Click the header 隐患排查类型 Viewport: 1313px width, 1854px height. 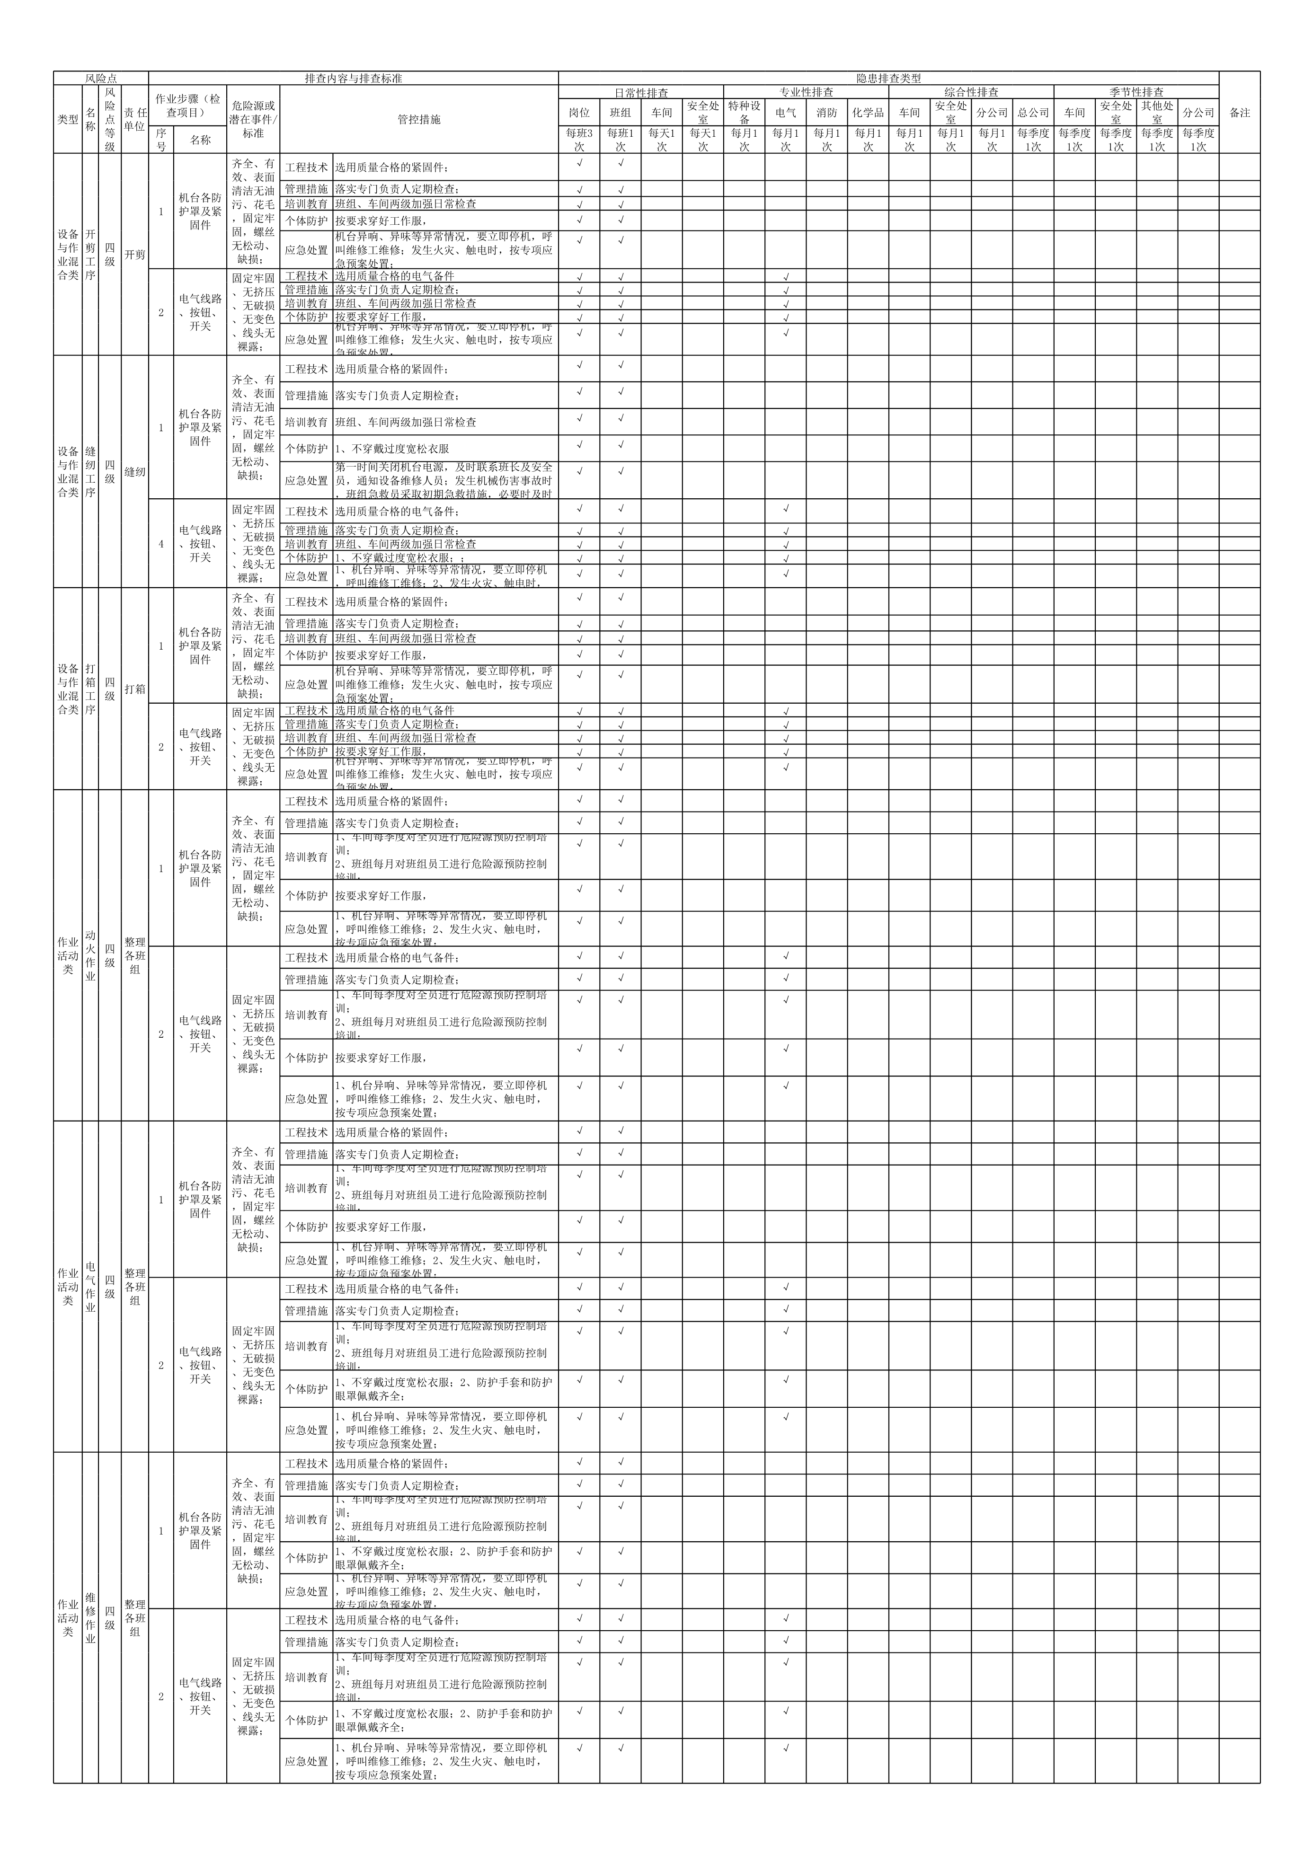coord(888,79)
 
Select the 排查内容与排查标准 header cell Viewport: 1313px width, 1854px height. coord(353,79)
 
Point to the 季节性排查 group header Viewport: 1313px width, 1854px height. coord(1136,92)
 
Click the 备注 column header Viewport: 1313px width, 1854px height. coord(1240,112)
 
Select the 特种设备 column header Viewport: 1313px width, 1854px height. coord(744,112)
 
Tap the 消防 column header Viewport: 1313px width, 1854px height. coord(826,112)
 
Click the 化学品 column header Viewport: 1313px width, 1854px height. coord(868,112)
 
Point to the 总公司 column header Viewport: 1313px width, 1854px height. coord(1032,112)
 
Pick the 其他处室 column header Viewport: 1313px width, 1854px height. coord(1156,112)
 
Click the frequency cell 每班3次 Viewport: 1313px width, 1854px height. coord(579,140)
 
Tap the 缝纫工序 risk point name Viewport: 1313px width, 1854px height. coord(90,471)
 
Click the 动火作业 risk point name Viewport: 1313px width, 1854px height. coord(90,955)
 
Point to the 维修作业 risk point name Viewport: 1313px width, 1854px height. coord(90,1617)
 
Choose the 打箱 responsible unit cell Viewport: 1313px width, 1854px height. coord(135,689)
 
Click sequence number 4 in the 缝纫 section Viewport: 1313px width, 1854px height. coord(161,544)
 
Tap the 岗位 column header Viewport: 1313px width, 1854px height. coord(579,112)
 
